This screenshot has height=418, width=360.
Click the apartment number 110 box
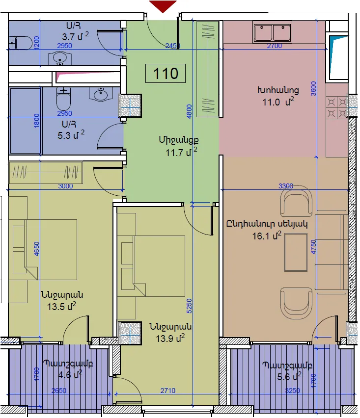click(166, 73)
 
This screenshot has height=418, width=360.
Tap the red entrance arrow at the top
click(163, 6)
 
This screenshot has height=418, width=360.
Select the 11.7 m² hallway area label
click(181, 153)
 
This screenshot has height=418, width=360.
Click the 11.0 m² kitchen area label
click(278, 102)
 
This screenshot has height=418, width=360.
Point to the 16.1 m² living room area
click(267, 235)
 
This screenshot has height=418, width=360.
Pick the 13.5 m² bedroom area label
click(62, 306)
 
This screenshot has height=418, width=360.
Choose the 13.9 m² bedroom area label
click(170, 339)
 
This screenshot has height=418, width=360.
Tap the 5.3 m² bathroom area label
click(71, 135)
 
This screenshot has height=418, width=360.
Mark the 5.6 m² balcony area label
click(289, 376)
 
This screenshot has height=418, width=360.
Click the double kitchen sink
click(272, 32)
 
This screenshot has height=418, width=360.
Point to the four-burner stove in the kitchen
click(337, 108)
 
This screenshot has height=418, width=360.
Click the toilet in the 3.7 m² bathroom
click(20, 42)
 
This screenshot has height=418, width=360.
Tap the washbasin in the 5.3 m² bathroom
click(101, 94)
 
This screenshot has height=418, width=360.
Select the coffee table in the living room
click(296, 252)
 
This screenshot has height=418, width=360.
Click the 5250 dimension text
click(189, 306)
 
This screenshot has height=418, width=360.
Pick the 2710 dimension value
click(168, 391)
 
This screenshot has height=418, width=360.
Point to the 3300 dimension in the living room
click(286, 186)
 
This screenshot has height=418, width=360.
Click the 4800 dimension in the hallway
click(189, 112)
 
